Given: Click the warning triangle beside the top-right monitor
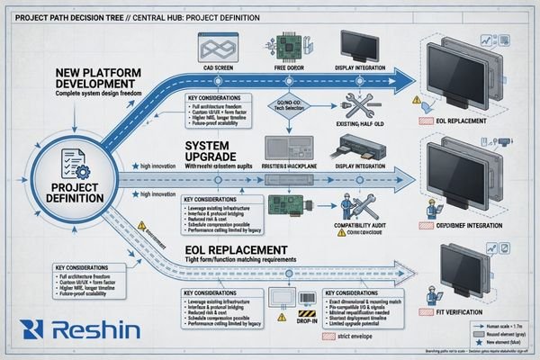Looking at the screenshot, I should click(x=416, y=101).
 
